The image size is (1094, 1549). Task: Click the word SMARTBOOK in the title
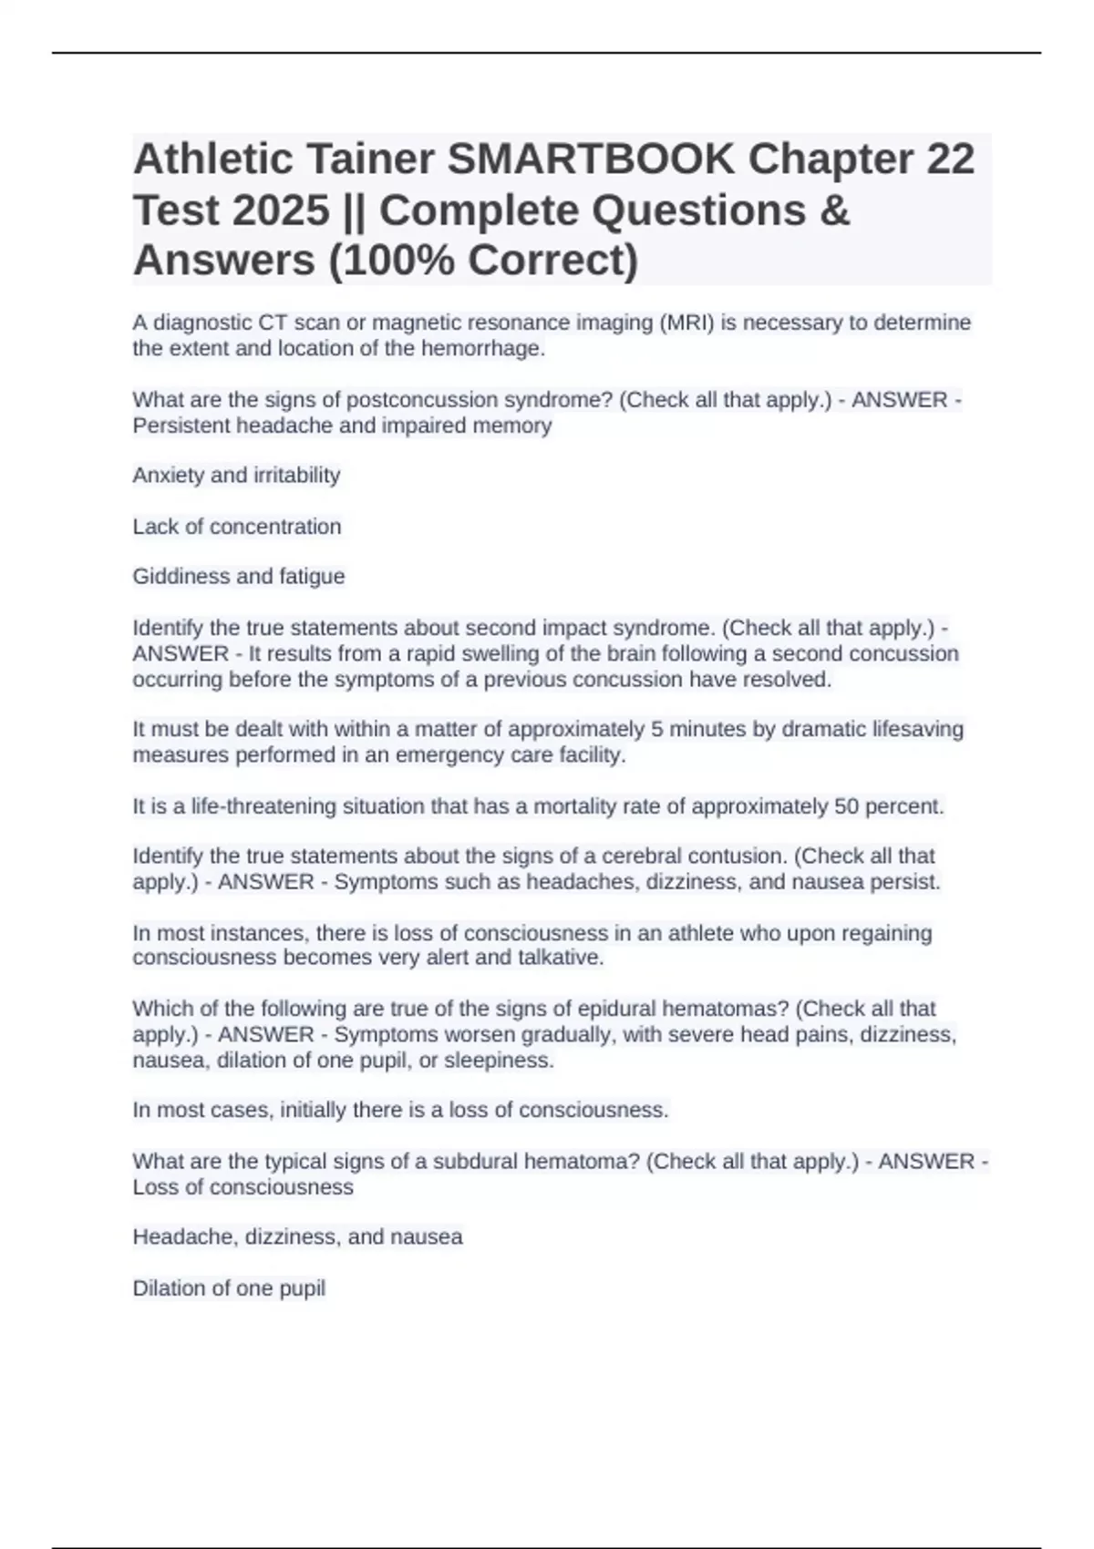(590, 159)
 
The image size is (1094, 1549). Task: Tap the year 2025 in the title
(280, 210)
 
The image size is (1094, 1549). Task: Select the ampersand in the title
(835, 210)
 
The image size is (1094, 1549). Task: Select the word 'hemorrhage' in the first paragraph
(482, 348)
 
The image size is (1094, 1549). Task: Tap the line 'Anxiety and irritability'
(236, 475)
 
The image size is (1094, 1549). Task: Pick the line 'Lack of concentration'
(237, 526)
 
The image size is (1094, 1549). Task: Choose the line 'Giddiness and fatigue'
(239, 576)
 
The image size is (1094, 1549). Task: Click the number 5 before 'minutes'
(656, 729)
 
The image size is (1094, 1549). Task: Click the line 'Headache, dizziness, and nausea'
(297, 1236)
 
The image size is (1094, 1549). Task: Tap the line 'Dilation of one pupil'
(229, 1287)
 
